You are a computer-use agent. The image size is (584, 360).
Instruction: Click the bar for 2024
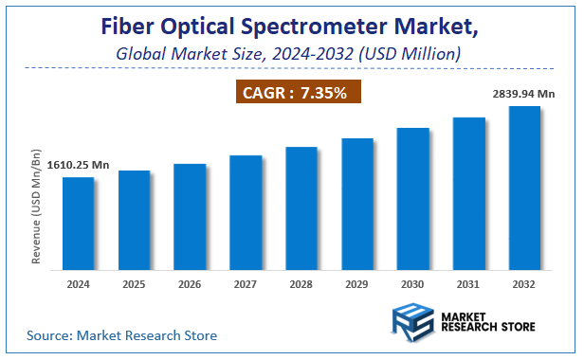tap(79, 223)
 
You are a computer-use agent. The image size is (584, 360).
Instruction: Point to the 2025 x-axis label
tap(134, 283)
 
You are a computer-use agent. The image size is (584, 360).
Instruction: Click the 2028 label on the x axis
tap(301, 283)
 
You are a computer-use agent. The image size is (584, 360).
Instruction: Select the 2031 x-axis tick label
tap(469, 283)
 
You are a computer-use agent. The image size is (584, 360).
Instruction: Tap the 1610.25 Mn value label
tap(52, 166)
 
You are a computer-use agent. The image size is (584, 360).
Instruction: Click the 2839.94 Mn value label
tap(522, 96)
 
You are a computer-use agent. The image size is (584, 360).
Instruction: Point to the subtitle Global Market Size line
tap(288, 54)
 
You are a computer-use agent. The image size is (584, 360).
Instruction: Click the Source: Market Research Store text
tap(121, 335)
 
